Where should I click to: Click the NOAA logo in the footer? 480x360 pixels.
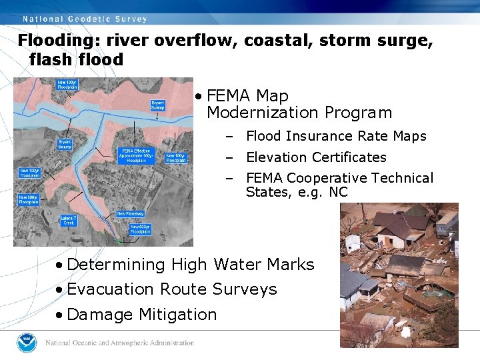coord(27,343)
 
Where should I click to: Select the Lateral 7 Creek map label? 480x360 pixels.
coord(69,221)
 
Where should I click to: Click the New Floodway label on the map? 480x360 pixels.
coord(130,213)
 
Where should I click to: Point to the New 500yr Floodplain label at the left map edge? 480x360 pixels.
coord(28,198)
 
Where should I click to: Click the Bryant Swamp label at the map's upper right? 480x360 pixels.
coord(158,105)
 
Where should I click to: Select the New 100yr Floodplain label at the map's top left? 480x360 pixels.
coord(65,85)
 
